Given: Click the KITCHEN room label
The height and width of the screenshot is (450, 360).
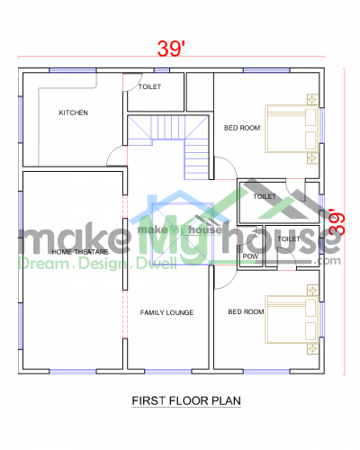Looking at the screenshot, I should point(73,112).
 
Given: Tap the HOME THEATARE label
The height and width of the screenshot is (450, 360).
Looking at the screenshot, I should point(80,252).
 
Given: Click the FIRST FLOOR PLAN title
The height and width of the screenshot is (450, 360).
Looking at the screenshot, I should point(186,400).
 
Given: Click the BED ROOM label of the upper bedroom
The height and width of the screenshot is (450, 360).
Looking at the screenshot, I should point(242,128).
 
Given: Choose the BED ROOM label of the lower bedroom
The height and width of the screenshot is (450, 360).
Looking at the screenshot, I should point(246,312).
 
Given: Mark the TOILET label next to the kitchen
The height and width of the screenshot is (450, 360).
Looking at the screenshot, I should point(150,88).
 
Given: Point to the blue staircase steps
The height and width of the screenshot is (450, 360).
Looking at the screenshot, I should point(196,157).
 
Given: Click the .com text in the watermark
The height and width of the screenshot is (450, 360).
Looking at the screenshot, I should point(328,261).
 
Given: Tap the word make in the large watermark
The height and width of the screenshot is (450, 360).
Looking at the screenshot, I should point(63,238).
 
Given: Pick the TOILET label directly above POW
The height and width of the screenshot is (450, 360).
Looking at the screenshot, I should point(288,239).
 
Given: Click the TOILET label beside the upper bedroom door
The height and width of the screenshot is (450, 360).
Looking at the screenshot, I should point(264,196).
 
